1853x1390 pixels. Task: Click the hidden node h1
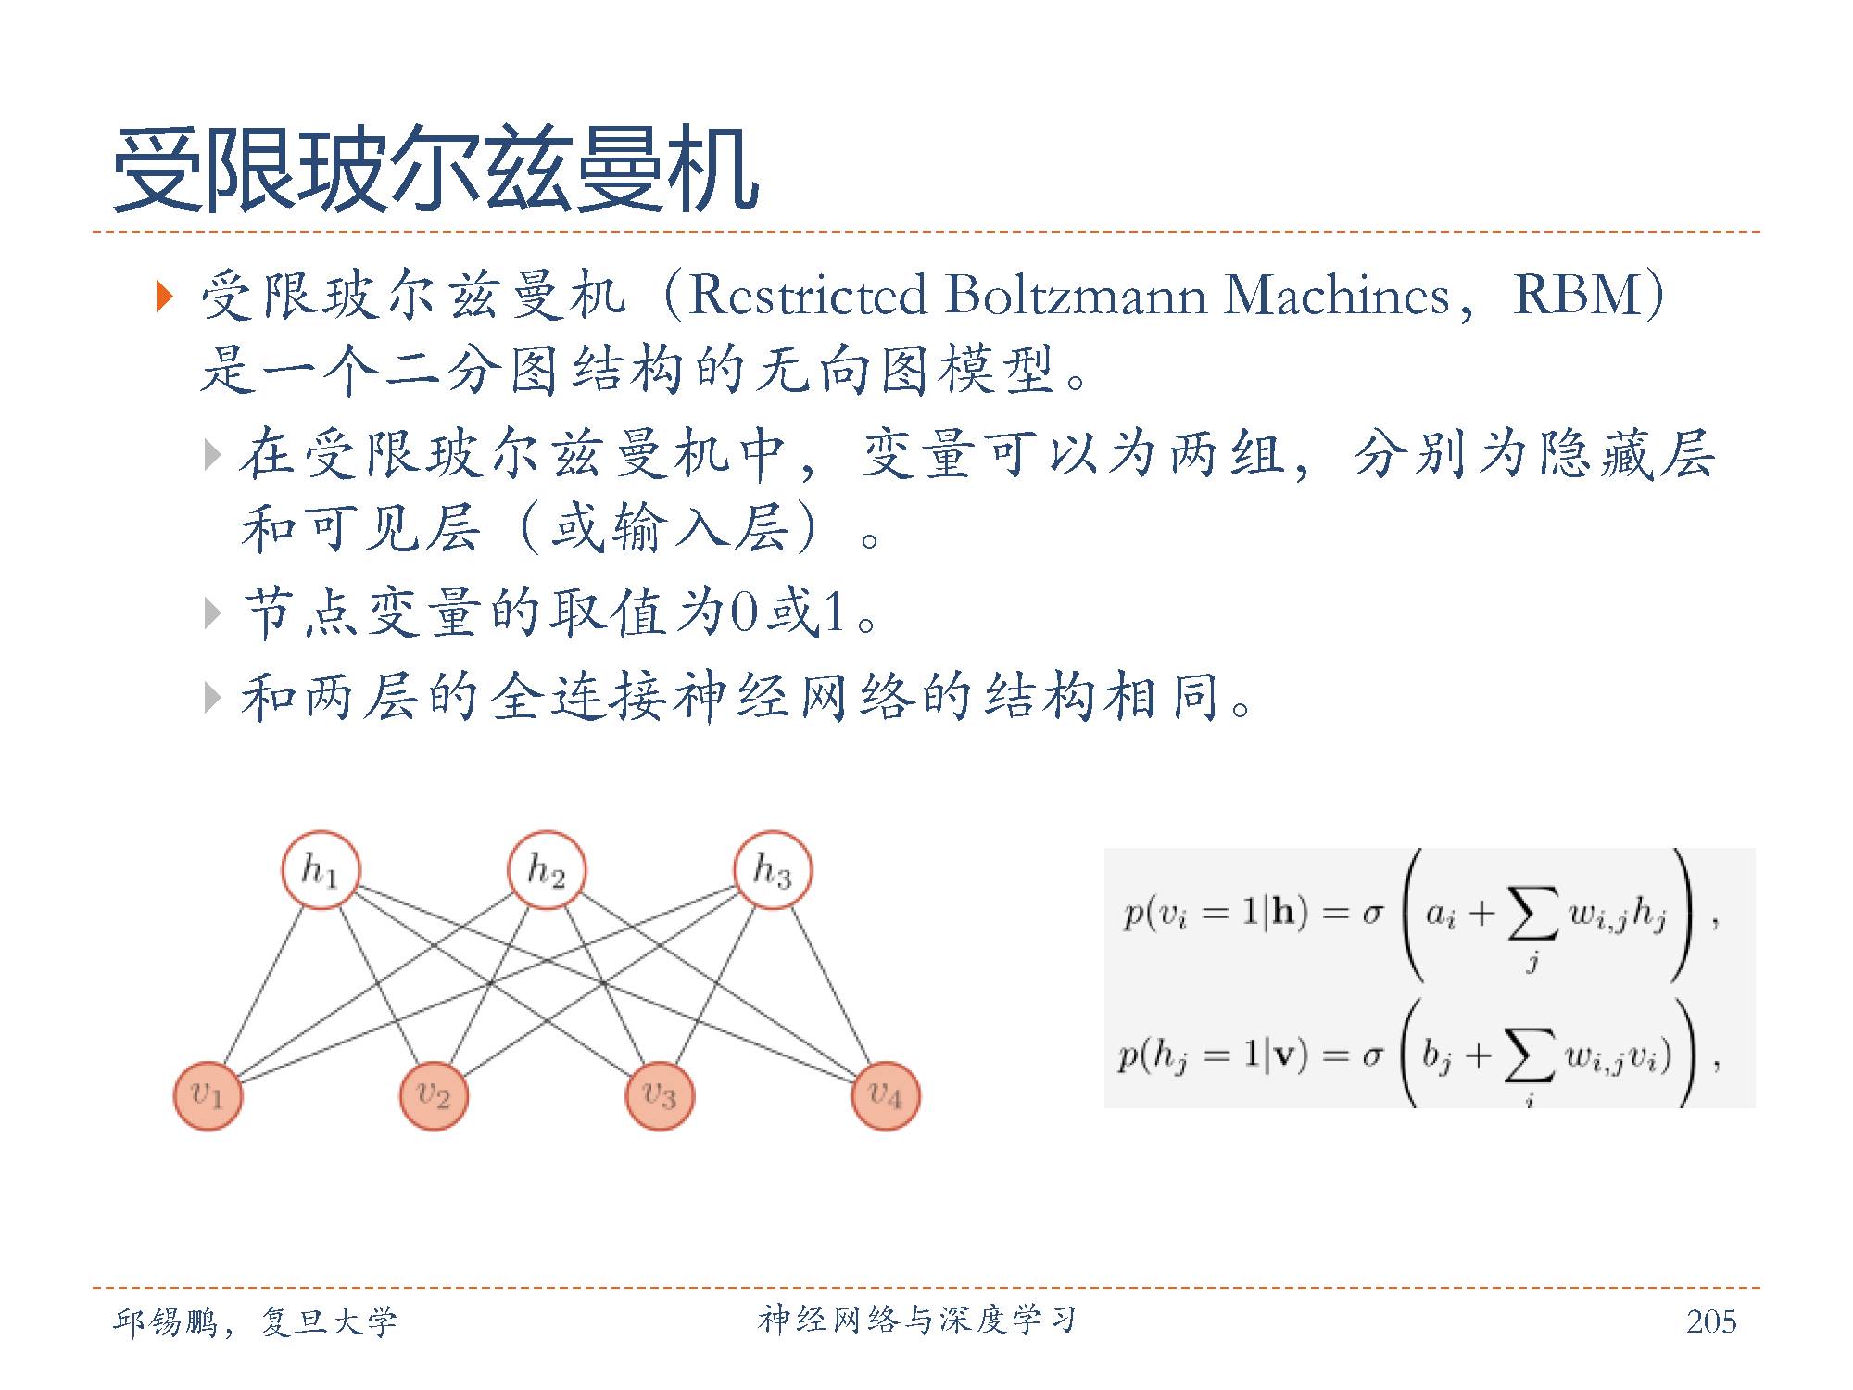[321, 870]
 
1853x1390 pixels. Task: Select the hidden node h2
[547, 870]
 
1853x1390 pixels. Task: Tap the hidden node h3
[773, 870]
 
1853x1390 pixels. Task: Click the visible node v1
[208, 1095]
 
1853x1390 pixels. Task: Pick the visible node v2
[434, 1095]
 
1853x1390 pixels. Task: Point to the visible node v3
[660, 1095]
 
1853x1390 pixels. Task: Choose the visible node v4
[886, 1095]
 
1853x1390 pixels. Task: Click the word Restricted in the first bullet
[808, 296]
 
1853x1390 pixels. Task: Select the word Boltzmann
[1075, 296]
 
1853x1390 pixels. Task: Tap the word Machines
[1336, 296]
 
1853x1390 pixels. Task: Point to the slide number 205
[1710, 1321]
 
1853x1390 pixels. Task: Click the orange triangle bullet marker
[165, 297]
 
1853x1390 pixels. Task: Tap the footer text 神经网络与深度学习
[917, 1320]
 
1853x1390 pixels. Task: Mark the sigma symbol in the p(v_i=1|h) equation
[1372, 916]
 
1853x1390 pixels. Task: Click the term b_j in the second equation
[1436, 1056]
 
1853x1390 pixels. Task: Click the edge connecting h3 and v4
[831, 987]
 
